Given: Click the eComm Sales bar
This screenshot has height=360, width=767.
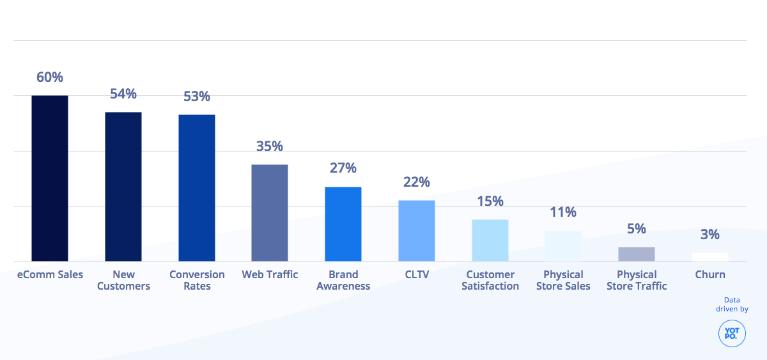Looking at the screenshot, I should pyautogui.click(x=50, y=178).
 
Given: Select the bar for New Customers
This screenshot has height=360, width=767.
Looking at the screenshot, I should pyautogui.click(x=123, y=187).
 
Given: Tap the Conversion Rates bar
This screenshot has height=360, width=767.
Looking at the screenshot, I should pyautogui.click(x=197, y=188).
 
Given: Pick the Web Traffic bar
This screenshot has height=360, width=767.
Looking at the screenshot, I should pyautogui.click(x=270, y=213).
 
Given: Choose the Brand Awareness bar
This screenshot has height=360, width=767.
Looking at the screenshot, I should pyautogui.click(x=343, y=224).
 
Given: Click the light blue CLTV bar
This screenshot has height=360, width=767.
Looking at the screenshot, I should pyautogui.click(x=417, y=231).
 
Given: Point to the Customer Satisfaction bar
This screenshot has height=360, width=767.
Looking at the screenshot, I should pyautogui.click(x=490, y=240).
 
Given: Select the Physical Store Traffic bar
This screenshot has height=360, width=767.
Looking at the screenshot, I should pyautogui.click(x=637, y=254).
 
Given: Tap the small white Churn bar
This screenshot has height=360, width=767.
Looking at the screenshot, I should pyautogui.click(x=710, y=257).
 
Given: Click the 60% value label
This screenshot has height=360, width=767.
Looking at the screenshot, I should pyautogui.click(x=50, y=77).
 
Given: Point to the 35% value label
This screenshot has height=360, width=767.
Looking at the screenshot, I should pyautogui.click(x=270, y=146).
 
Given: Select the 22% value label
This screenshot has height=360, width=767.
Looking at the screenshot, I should pyautogui.click(x=417, y=182).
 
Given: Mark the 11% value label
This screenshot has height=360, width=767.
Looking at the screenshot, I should pyautogui.click(x=563, y=212).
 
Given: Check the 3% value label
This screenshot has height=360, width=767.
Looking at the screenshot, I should pyautogui.click(x=710, y=235).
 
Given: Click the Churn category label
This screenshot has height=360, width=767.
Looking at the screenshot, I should pyautogui.click(x=710, y=274).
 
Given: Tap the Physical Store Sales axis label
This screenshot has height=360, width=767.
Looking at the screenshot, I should pyautogui.click(x=563, y=280).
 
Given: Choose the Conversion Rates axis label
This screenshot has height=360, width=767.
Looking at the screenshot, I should pyautogui.click(x=197, y=280).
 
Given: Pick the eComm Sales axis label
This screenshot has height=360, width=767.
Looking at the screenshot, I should pyautogui.click(x=50, y=274).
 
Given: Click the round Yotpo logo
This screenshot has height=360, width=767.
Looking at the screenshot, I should pyautogui.click(x=732, y=334).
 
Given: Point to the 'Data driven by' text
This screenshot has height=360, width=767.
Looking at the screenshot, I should pyautogui.click(x=732, y=304).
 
